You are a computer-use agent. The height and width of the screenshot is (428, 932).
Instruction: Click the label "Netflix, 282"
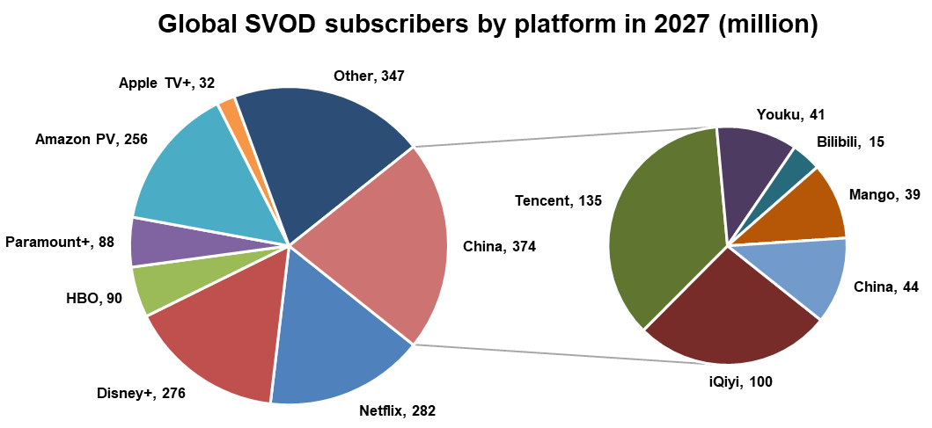pyautogui.click(x=397, y=410)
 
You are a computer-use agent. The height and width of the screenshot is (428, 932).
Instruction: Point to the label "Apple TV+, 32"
pyautogui.click(x=166, y=83)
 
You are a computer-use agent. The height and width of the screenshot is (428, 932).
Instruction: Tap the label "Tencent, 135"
pyautogui.click(x=558, y=201)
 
